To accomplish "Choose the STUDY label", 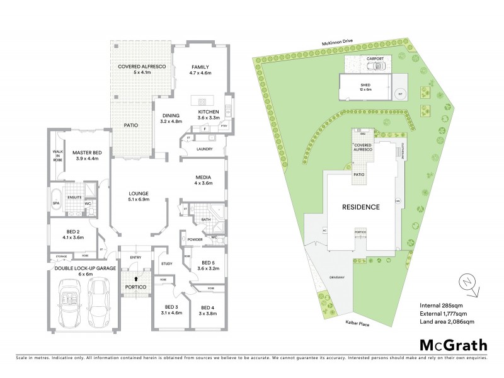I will pos(166,263).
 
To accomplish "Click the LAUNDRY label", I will pos(204,149).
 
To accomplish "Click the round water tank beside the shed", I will pos(399,93).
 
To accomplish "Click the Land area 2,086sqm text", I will pos(447,322).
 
